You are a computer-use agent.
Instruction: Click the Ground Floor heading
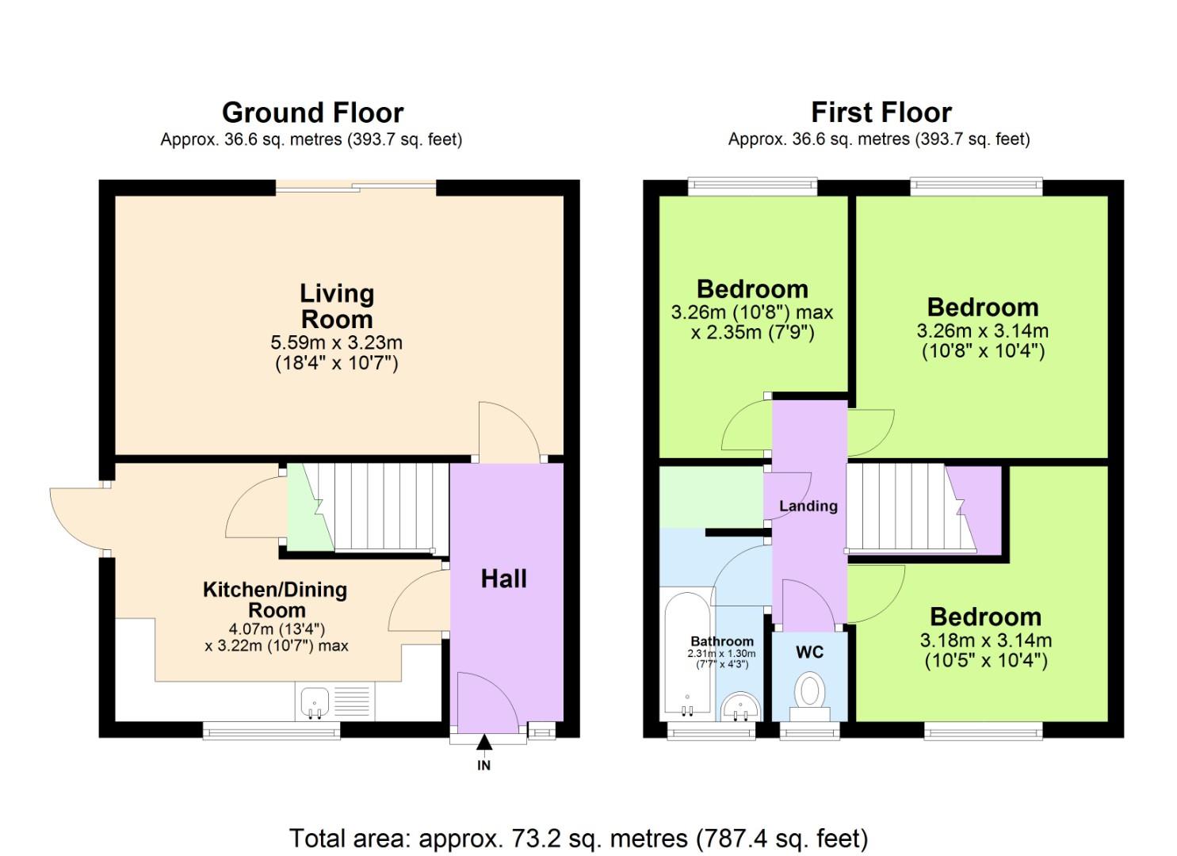tap(312, 113)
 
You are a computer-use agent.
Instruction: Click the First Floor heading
tap(881, 113)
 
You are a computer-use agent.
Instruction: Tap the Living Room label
tap(337, 306)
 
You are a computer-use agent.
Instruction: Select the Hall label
tap(503, 579)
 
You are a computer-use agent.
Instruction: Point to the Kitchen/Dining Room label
tap(275, 599)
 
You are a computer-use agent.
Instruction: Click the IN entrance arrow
tap(483, 743)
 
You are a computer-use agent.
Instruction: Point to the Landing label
tap(808, 506)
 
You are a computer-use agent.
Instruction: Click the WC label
tap(809, 652)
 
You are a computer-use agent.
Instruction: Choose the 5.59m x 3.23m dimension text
tap(337, 343)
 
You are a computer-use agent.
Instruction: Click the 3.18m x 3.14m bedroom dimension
tap(985, 640)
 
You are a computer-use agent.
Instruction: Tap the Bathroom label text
tap(721, 641)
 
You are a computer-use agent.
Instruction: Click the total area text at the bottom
tap(578, 838)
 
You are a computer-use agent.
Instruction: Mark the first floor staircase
tap(904, 507)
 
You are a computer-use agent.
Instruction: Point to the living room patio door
tap(355, 187)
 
